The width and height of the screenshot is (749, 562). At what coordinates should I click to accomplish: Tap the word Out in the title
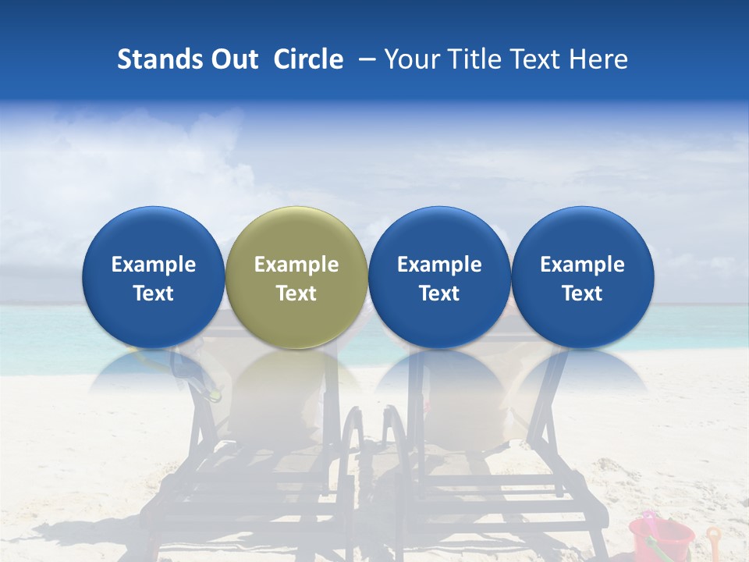(235, 59)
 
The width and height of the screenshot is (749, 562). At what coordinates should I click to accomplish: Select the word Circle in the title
(308, 59)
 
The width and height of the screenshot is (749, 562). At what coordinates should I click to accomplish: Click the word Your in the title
(410, 59)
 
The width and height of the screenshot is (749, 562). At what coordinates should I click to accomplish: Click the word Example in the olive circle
(296, 265)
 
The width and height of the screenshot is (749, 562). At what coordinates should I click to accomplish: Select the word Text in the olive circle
(296, 293)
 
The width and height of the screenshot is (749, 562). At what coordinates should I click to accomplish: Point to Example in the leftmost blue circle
(154, 265)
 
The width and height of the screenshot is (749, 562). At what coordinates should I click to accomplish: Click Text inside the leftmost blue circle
(154, 293)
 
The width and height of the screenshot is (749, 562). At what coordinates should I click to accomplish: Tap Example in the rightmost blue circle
(582, 265)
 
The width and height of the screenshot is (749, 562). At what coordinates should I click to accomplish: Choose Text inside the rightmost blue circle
(582, 293)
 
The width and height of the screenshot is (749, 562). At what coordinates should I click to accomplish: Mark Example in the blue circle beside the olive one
(439, 265)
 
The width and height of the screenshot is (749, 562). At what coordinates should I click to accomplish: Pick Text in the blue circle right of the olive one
(439, 293)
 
